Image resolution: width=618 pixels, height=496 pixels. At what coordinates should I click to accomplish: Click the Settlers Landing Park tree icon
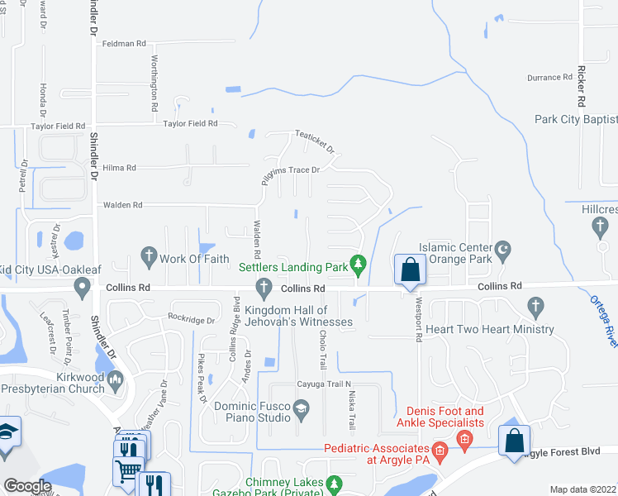point(358,264)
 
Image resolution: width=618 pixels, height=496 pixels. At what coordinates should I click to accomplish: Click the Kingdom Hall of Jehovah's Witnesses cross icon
point(264,288)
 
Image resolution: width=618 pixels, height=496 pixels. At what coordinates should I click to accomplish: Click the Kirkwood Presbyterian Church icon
point(115,381)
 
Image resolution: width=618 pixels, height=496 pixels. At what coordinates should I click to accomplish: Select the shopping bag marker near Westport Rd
point(410,269)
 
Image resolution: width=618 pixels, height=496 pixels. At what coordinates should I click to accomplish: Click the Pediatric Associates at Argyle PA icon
point(440,451)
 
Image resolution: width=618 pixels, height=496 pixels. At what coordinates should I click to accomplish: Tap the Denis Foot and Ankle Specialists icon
point(465,437)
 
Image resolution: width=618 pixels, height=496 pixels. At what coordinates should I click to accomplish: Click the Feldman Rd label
point(124,43)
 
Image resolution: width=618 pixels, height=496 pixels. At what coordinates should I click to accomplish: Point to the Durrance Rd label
point(549,78)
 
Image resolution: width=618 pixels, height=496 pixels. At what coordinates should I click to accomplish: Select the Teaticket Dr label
point(316,142)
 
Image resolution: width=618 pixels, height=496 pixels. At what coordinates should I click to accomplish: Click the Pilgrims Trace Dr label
point(291,170)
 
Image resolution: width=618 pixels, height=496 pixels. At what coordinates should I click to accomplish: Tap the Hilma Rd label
point(119,168)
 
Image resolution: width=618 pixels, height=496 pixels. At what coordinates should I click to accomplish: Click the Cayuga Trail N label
point(325,384)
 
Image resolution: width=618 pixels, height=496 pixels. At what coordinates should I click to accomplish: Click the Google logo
point(27,485)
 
